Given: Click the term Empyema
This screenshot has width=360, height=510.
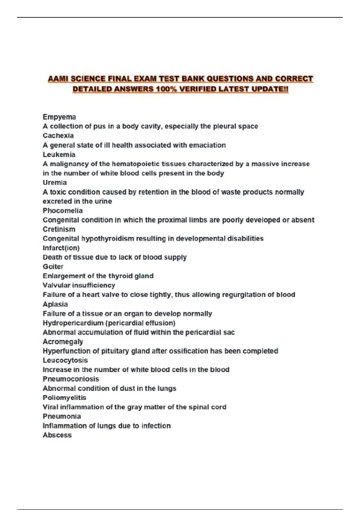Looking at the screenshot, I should [x=59, y=117].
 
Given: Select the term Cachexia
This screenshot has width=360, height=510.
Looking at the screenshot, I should [x=58, y=136].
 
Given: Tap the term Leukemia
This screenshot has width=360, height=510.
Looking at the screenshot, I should [x=59, y=154].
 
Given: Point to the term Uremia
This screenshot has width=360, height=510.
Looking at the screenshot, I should [x=55, y=182].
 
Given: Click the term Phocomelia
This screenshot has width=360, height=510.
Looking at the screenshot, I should [x=62, y=211].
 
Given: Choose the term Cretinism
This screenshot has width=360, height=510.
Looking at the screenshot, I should [x=59, y=229].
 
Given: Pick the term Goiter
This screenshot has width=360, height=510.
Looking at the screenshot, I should [x=53, y=266].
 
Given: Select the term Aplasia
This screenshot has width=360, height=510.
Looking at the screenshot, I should [x=55, y=304].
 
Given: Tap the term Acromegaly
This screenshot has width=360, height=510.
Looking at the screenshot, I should [x=63, y=342].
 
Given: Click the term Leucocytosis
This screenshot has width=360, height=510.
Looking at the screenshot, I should [x=65, y=360].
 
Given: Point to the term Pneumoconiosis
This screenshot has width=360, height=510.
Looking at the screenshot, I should [x=70, y=379].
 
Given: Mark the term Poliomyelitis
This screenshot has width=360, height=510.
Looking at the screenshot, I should [x=64, y=398].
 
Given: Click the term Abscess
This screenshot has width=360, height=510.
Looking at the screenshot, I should [x=57, y=435].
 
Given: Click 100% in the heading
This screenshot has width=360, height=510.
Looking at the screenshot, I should [x=163, y=89].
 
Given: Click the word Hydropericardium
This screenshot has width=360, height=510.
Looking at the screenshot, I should [x=73, y=323].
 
